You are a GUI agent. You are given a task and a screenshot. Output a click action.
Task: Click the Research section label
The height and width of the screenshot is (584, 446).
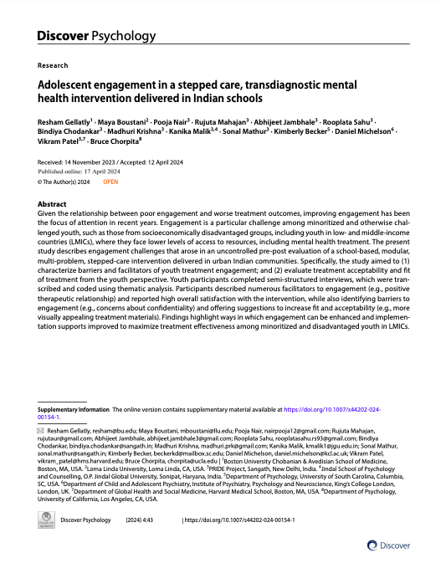tap(53, 65)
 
